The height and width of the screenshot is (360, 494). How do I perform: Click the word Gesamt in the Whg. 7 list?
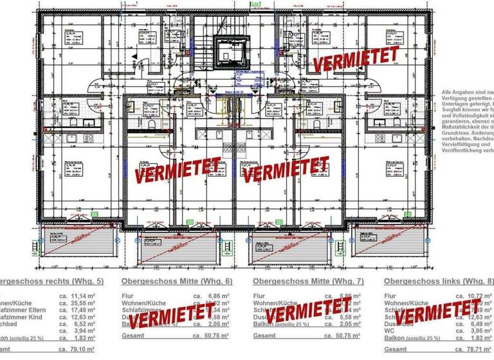coord(265,336)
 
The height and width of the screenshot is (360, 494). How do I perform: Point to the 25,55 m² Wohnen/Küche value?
coord(84,302)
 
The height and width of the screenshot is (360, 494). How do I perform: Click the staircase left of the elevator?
coord(204,55)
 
